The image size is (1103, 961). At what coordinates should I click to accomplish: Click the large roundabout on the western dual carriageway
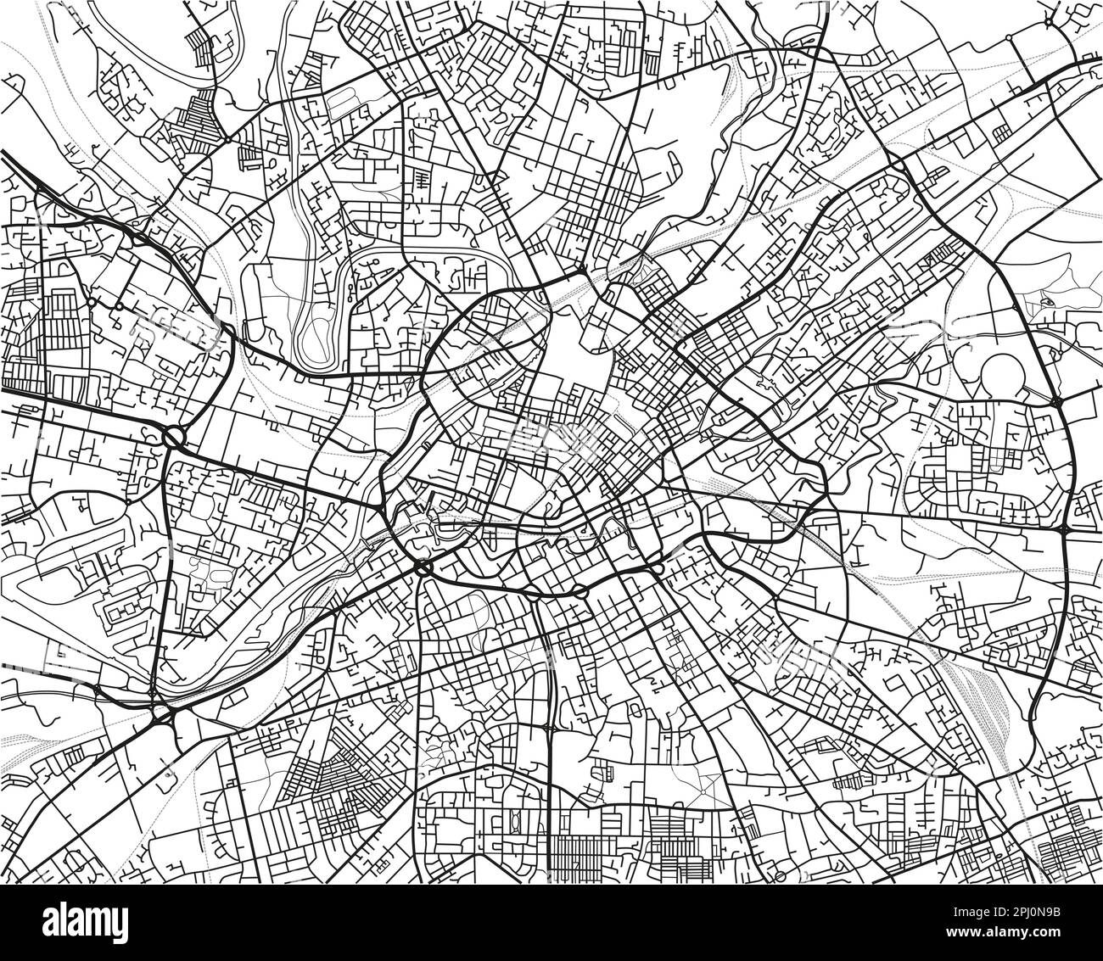(174, 438)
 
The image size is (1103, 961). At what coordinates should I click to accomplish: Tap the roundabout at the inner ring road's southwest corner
(423, 566)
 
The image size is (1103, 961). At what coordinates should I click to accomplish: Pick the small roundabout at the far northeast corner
(1050, 19)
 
